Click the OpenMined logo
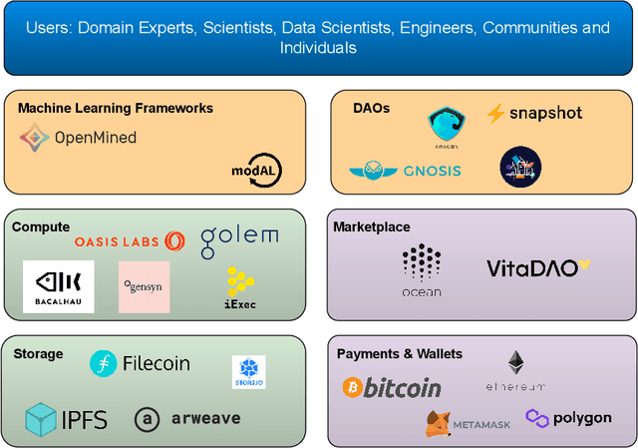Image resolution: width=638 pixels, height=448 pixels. coord(78,138)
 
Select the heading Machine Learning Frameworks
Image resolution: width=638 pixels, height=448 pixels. coord(116,108)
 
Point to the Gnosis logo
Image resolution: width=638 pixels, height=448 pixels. coord(405,171)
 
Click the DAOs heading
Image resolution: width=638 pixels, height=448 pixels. coord(371,108)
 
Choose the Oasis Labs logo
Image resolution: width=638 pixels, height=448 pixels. coord(130,241)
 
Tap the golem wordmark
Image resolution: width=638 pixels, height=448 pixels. coord(239,239)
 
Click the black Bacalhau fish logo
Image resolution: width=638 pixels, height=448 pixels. coord(58,286)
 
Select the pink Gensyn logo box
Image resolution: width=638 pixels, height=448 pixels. coord(144,286)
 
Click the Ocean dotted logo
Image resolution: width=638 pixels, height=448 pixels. coord(422,269)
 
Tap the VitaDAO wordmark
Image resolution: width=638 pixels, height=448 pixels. coord(537,267)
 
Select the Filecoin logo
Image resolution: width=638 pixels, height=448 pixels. coord(140,363)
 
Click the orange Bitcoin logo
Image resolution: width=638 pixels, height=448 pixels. coord(392,387)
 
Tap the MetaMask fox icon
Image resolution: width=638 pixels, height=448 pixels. coord(439,424)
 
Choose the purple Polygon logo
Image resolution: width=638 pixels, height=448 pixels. coord(568,417)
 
